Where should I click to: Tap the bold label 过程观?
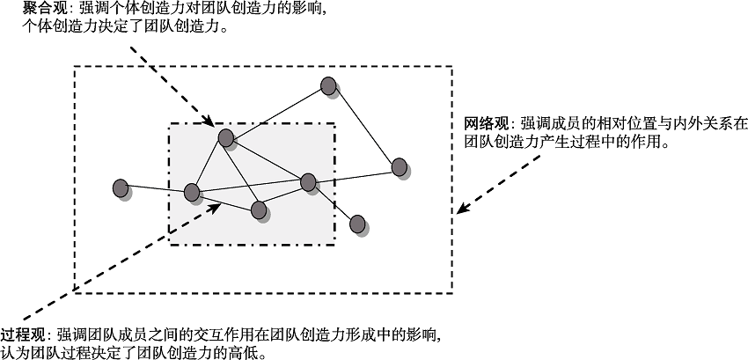(x=24, y=335)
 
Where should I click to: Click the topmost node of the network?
(x=327, y=85)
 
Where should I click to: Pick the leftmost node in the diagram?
(x=121, y=187)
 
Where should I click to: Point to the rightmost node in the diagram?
(x=399, y=166)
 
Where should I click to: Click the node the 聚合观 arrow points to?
(x=225, y=137)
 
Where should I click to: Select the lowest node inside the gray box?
(x=258, y=209)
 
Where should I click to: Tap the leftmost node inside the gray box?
(x=192, y=192)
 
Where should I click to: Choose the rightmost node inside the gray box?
(x=307, y=182)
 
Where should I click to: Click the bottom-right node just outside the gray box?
(x=357, y=224)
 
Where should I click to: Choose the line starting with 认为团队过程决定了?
(x=133, y=353)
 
